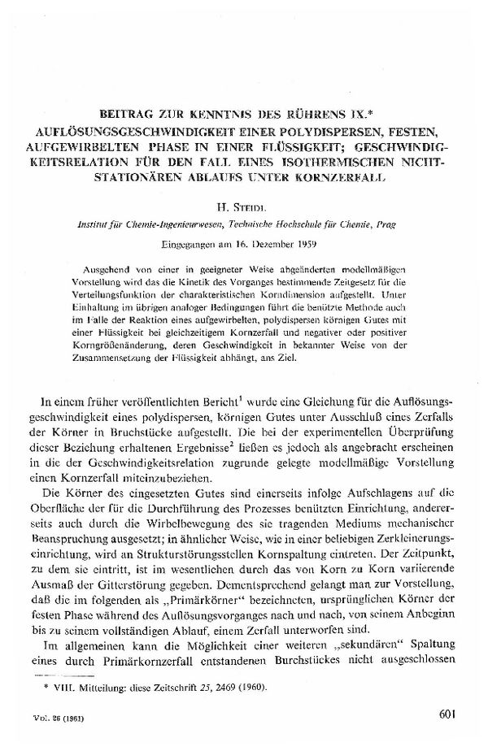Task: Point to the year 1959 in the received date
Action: click(307, 243)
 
